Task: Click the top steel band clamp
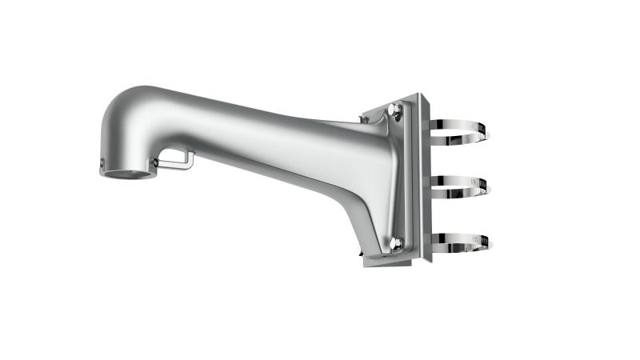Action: tap(472, 128)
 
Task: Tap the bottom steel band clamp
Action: tap(472, 240)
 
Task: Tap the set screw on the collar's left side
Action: tap(102, 165)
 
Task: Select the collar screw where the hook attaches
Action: tap(154, 162)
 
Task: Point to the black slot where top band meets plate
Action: tap(430, 128)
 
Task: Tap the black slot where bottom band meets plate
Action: tap(430, 240)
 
